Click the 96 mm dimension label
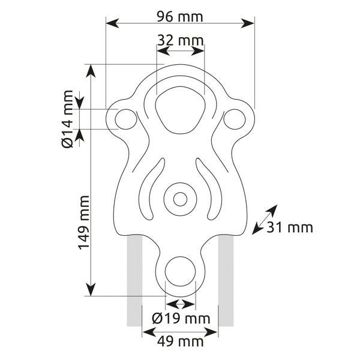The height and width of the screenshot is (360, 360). (x=180, y=17)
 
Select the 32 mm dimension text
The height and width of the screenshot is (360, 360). (x=181, y=41)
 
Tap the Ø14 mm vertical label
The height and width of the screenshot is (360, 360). (x=67, y=119)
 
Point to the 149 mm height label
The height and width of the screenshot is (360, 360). (x=83, y=223)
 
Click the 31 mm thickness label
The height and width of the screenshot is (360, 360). (x=290, y=228)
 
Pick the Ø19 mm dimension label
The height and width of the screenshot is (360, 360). (x=181, y=319)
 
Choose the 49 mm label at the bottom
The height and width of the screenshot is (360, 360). (x=180, y=341)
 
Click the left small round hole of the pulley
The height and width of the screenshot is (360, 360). (x=126, y=119)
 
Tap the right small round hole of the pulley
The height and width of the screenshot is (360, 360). (x=235, y=119)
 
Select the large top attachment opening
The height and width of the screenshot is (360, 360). (x=181, y=110)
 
